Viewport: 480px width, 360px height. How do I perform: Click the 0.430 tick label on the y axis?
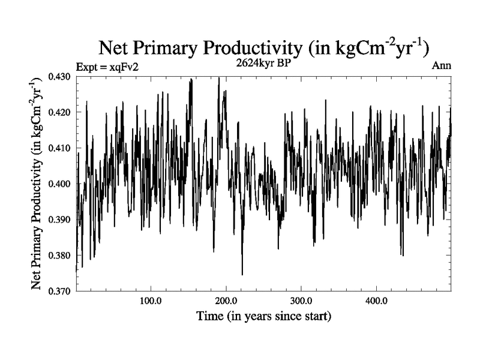(60, 77)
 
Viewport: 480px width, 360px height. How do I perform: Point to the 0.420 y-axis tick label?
(60, 112)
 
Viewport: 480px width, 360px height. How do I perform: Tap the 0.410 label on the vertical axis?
(60, 148)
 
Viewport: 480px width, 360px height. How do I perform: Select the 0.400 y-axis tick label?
(60, 184)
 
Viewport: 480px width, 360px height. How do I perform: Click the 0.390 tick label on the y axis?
(60, 220)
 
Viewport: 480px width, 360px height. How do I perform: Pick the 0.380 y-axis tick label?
(60, 256)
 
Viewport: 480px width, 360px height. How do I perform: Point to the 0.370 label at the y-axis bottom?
(60, 291)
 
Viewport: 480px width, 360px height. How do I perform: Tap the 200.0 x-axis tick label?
(226, 300)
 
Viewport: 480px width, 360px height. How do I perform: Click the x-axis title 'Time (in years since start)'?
(264, 315)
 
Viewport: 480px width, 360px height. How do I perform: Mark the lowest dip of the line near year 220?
(242, 274)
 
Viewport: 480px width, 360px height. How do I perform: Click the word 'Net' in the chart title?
(113, 49)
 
